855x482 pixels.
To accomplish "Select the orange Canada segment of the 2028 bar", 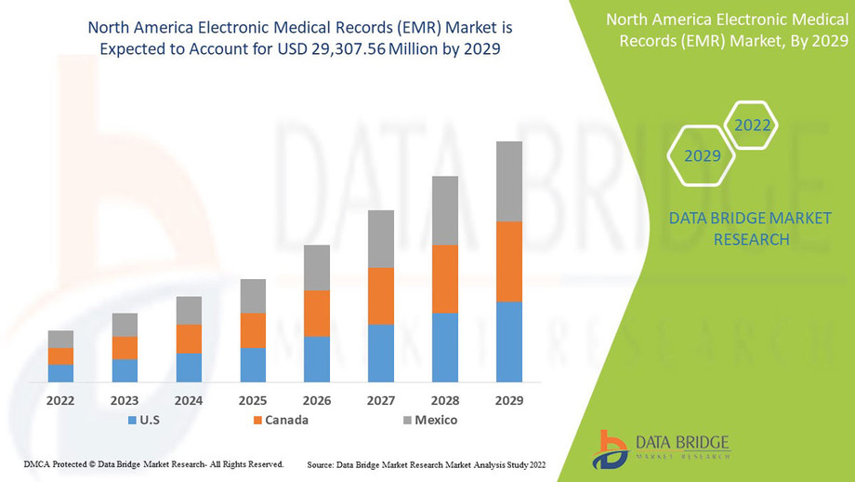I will click(x=445, y=279).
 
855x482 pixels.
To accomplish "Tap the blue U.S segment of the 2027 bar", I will click(x=381, y=353).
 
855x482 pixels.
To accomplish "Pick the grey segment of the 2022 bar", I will click(x=60, y=339).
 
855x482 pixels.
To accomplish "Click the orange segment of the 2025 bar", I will click(x=253, y=330).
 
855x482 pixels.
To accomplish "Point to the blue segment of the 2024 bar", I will click(x=189, y=368).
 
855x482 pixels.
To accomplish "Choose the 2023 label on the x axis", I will click(x=125, y=401).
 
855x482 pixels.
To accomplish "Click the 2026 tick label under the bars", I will click(x=317, y=401).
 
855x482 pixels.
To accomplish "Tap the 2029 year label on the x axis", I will click(x=509, y=401).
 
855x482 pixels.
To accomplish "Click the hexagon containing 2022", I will click(x=752, y=125).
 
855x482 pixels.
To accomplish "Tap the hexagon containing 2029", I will click(x=703, y=155).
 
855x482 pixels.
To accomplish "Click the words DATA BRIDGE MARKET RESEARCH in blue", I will click(x=750, y=228).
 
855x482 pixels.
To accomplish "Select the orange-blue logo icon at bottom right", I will click(x=612, y=449).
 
